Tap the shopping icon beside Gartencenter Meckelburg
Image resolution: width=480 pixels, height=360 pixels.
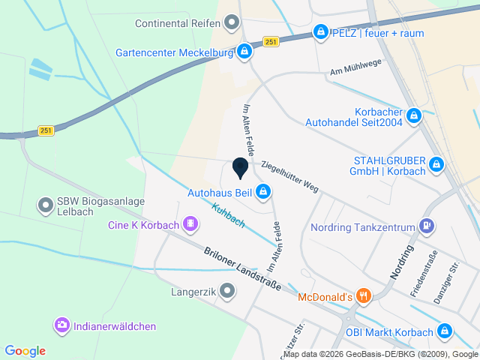pyautogui.click(x=244, y=52)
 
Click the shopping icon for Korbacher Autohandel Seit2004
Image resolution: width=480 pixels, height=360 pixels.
pyautogui.click(x=414, y=117)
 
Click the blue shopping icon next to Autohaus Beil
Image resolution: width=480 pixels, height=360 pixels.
pyautogui.click(x=263, y=193)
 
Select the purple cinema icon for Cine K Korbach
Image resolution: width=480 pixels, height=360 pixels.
pyautogui.click(x=191, y=223)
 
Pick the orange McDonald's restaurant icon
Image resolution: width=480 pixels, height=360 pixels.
pyautogui.click(x=364, y=296)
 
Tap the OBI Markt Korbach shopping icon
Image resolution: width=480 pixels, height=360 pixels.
pyautogui.click(x=445, y=331)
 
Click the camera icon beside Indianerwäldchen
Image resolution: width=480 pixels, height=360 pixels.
pyautogui.click(x=61, y=325)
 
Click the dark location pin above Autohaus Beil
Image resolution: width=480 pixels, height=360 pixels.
pyautogui.click(x=240, y=168)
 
